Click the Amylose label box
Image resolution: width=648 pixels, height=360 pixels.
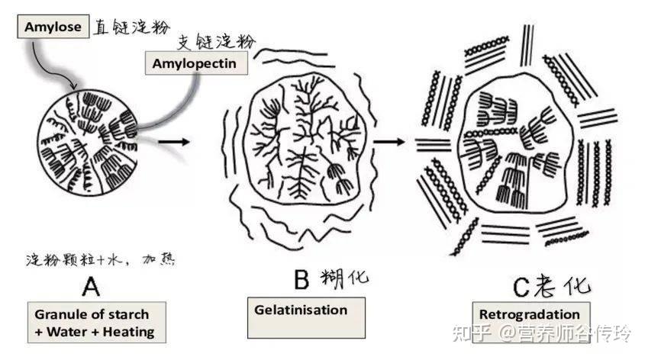[x=53, y=27]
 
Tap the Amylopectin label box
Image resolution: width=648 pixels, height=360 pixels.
[x=196, y=63]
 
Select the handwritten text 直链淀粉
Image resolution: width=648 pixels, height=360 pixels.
[x=131, y=27]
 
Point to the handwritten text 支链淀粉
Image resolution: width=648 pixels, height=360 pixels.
[x=217, y=42]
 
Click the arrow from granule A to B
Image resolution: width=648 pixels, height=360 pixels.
[x=173, y=142]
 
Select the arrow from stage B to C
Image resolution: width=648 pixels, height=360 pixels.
[x=389, y=142]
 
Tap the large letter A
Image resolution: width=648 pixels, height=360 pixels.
[x=91, y=286]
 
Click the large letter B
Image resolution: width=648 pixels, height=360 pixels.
[x=301, y=279]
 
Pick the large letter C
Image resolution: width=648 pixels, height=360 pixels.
[x=521, y=288]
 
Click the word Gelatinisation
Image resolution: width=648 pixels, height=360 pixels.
[x=301, y=310]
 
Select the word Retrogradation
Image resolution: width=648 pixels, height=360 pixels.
[x=530, y=314]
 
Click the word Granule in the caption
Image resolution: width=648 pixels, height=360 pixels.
[x=56, y=314]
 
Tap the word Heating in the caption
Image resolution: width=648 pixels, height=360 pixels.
[x=128, y=332]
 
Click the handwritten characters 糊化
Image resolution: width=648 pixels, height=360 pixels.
[x=345, y=278]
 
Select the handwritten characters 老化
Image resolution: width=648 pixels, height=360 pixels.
[x=562, y=285]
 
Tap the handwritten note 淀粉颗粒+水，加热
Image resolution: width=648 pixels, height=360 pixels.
[x=101, y=259]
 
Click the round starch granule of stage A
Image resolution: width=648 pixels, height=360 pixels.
[x=88, y=142]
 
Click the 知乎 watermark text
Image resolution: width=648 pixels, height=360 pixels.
[x=472, y=333]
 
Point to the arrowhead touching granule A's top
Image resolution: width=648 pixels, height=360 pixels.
[x=74, y=87]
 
